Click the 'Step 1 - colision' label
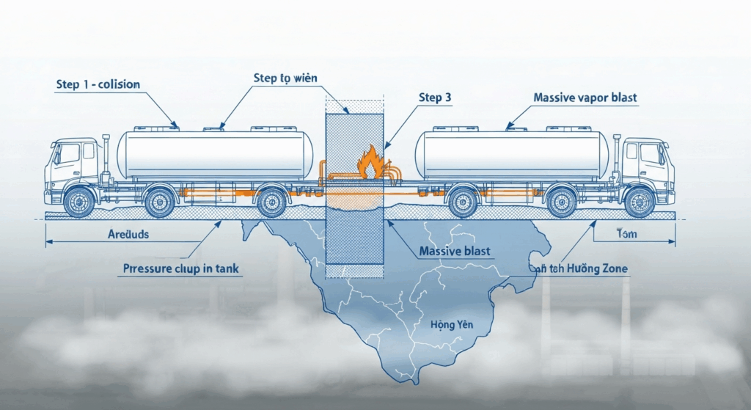pos(98,84)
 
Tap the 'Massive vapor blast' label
pos(585,98)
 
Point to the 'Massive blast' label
pos(455,252)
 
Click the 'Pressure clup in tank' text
pos(178,269)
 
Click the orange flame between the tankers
pos(370,163)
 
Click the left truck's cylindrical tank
pos(215,154)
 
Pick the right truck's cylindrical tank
pos(512,154)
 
